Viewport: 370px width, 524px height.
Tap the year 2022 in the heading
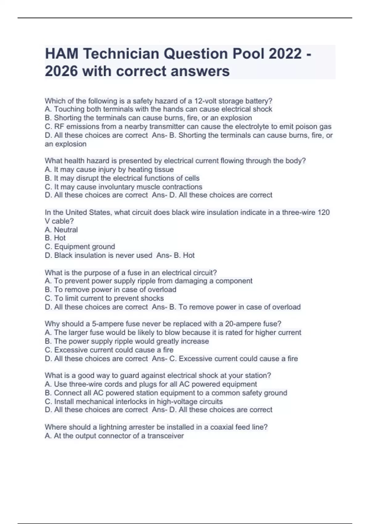point(285,54)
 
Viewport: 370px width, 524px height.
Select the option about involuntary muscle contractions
point(123,187)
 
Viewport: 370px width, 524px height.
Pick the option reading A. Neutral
point(61,230)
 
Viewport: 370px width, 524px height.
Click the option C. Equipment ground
point(80,247)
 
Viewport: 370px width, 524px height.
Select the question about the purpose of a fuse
point(131,272)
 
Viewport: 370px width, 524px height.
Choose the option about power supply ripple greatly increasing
point(127,341)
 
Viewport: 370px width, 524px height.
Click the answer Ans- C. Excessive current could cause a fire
point(225,358)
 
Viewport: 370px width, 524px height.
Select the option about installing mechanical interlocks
point(134,401)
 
